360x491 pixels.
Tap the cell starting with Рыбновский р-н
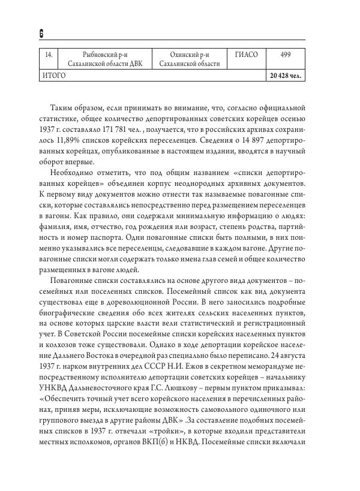point(105,59)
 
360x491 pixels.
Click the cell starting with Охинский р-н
point(189,59)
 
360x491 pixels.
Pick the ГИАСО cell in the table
point(246,55)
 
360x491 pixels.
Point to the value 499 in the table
point(285,55)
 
